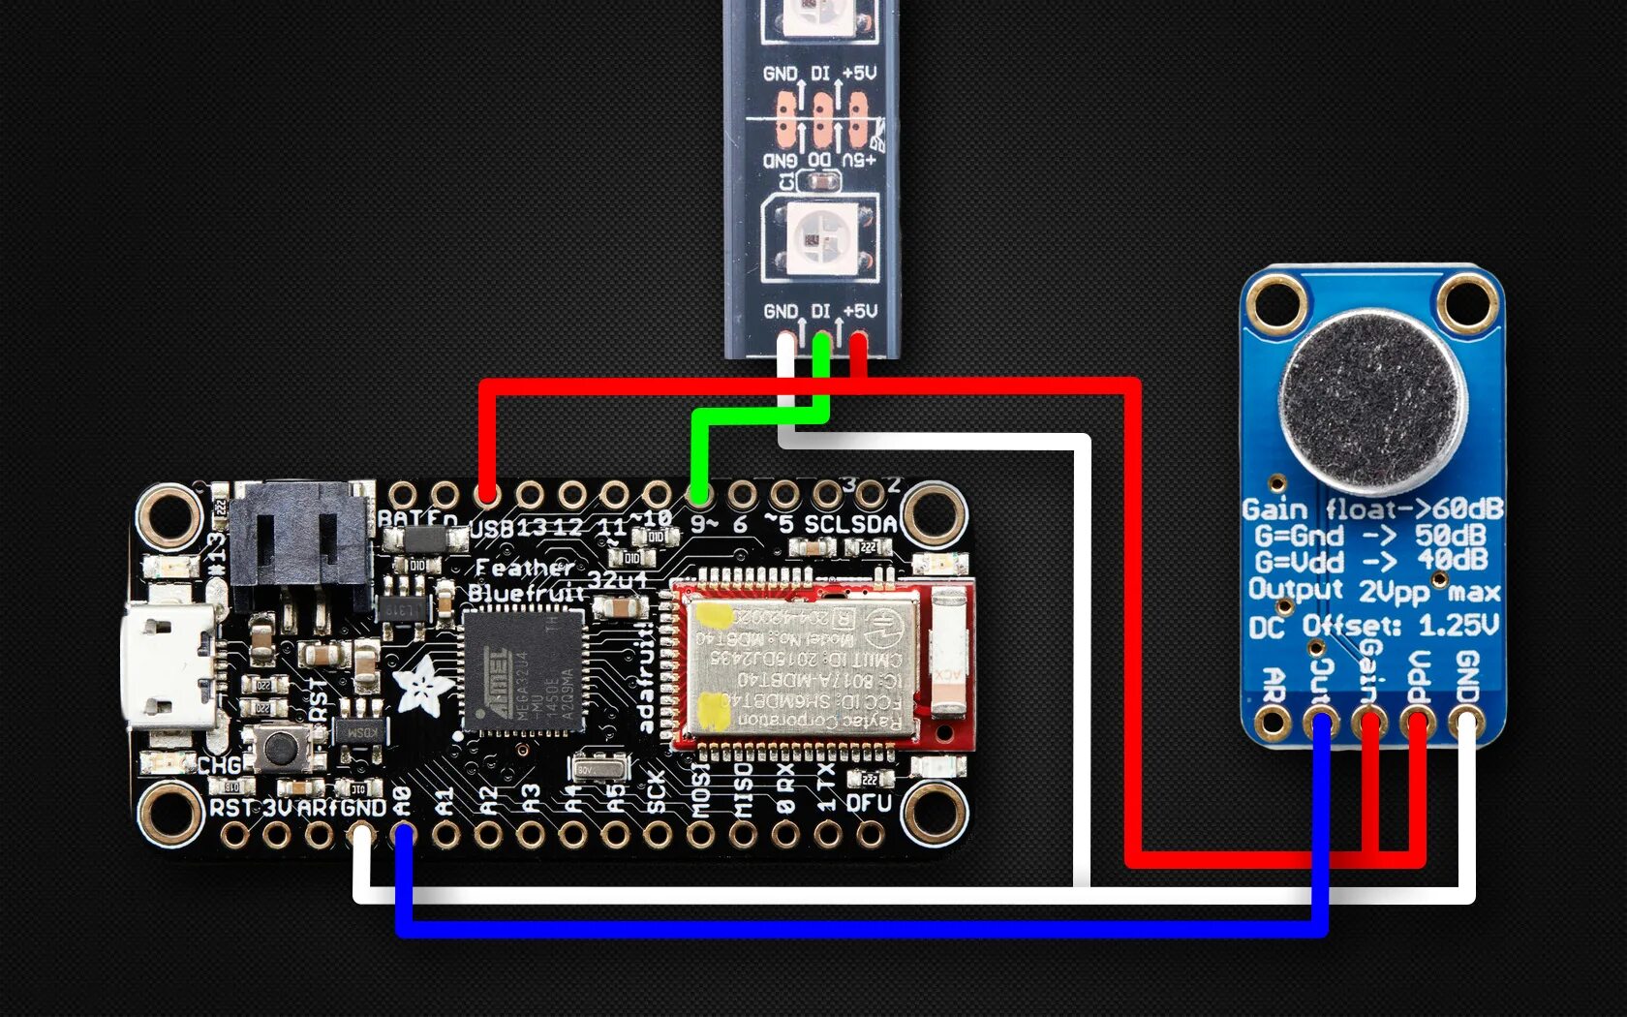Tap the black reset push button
[281, 747]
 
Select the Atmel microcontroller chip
[524, 670]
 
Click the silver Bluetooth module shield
[800, 665]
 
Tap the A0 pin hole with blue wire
[404, 834]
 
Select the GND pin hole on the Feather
[361, 834]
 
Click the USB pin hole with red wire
[487, 495]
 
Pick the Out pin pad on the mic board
[1320, 722]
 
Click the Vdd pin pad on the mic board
[1418, 722]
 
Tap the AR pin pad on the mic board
[1272, 722]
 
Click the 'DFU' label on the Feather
[869, 803]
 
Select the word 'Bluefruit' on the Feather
[527, 592]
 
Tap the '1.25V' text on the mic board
[1458, 625]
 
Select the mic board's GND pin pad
[1466, 722]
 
